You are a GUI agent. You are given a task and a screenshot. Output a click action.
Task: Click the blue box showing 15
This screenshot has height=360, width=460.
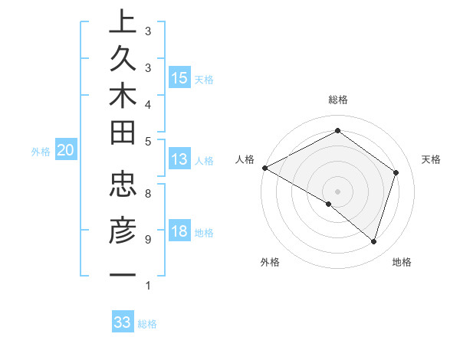tap(179, 77)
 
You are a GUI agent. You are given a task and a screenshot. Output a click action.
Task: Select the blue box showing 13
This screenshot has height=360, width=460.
tap(179, 159)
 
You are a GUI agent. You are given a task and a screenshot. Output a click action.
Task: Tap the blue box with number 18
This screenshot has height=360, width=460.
tap(179, 231)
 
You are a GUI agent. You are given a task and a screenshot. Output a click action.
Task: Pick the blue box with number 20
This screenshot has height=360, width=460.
tap(66, 151)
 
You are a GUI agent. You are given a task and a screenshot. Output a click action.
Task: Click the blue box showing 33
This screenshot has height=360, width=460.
tap(123, 322)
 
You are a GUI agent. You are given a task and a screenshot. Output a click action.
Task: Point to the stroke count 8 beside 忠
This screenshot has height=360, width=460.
tap(148, 194)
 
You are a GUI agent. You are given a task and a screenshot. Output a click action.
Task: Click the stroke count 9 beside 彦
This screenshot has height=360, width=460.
tap(148, 240)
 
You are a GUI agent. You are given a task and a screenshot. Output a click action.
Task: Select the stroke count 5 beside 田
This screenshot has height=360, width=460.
tap(148, 141)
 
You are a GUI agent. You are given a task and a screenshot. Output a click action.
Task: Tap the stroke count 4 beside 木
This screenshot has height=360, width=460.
tap(148, 103)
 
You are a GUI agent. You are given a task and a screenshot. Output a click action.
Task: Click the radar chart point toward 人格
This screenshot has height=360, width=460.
tap(264, 168)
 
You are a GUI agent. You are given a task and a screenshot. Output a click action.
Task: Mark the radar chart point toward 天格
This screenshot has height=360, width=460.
tap(396, 172)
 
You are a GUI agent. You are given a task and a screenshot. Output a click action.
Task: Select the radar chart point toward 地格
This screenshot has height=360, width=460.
tap(374, 241)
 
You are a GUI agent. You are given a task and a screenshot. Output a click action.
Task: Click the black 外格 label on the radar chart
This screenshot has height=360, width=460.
tap(270, 263)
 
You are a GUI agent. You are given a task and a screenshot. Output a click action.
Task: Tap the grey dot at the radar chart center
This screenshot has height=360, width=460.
tap(337, 191)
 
